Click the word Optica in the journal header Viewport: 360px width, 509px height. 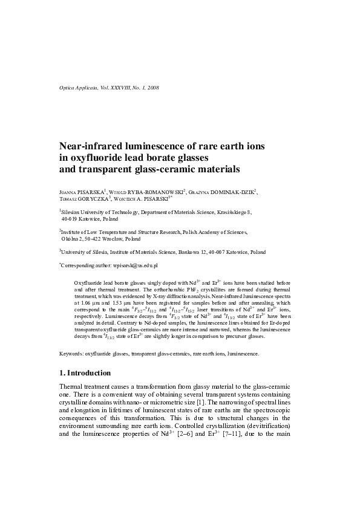(67, 88)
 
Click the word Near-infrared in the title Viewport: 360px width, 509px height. (91, 146)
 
